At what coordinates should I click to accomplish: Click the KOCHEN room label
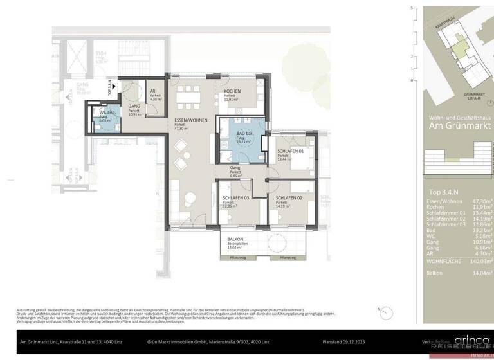click(232, 91)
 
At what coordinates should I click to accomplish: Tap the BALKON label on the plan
click(235, 239)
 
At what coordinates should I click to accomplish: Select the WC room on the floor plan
click(105, 117)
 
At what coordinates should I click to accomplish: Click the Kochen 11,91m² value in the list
click(482, 208)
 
